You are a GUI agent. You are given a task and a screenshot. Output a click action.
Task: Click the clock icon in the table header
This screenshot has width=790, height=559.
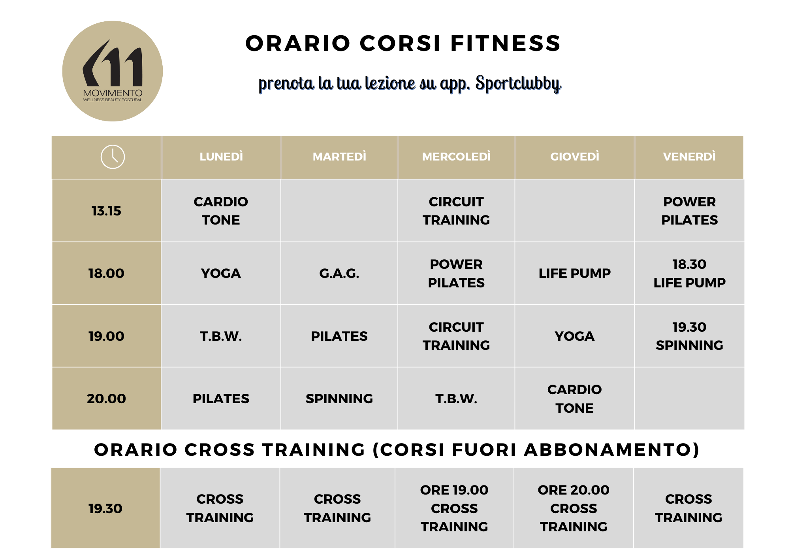tap(113, 157)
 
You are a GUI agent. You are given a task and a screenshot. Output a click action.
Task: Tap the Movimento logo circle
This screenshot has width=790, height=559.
tap(113, 71)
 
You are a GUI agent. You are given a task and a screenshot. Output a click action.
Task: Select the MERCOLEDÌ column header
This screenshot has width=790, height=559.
tap(456, 157)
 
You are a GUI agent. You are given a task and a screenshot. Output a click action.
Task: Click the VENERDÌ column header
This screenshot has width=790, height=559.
tap(689, 157)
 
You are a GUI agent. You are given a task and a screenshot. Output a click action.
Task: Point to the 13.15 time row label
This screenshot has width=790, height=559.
tap(106, 211)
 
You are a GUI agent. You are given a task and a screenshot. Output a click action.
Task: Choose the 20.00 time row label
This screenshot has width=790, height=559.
tap(106, 398)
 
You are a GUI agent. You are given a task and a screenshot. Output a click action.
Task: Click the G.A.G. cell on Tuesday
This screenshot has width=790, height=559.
tap(339, 273)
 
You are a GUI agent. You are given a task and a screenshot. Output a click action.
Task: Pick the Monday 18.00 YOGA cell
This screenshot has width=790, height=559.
tap(221, 273)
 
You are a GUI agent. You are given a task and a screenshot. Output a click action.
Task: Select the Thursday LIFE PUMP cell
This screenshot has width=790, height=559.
tap(575, 273)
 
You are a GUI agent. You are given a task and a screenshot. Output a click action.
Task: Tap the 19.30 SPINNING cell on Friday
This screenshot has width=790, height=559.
tap(689, 336)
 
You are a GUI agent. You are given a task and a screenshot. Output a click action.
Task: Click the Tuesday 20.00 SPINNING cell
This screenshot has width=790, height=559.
tap(339, 398)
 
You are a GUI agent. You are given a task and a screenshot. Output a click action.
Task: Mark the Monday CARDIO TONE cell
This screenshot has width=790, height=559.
tap(221, 211)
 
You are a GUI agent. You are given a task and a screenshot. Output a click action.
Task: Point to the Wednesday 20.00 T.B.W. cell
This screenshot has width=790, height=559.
tap(456, 398)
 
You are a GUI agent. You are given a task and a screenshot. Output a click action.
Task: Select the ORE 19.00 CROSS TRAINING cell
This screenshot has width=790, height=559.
tap(454, 508)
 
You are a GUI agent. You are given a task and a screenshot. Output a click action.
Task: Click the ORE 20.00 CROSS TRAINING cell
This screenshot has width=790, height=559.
tap(574, 508)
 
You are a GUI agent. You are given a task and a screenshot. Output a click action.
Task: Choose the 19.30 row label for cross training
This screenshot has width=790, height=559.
tap(105, 508)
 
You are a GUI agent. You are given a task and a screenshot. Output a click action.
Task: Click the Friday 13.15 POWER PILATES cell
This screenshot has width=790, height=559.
tap(689, 211)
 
